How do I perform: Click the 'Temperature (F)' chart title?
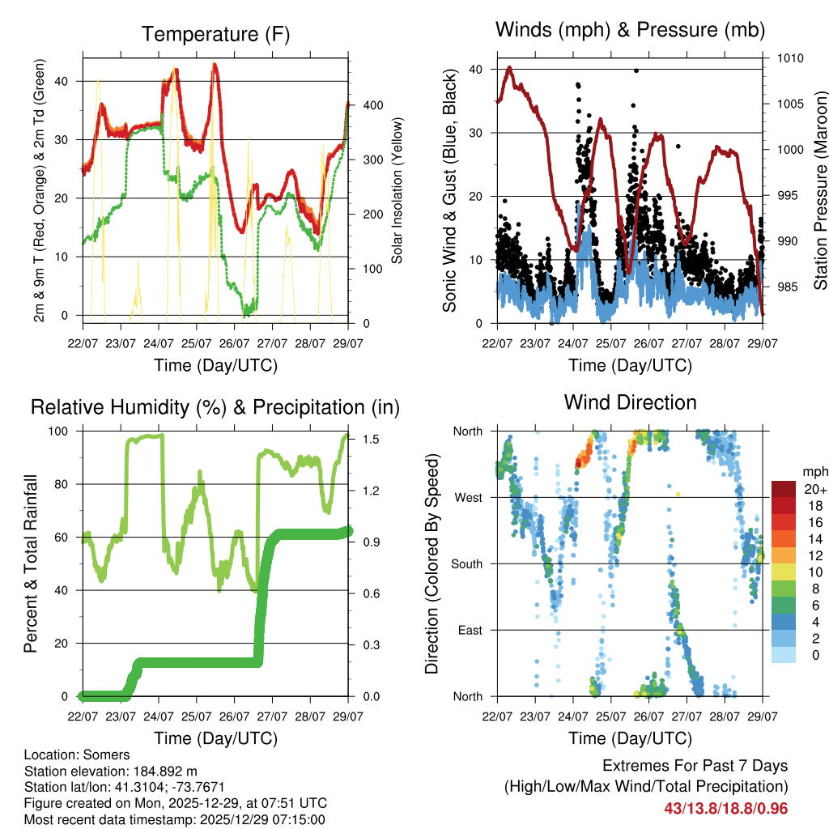215,35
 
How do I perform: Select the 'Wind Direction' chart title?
630,402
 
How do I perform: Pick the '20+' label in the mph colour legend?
813,489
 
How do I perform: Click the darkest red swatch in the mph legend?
783,489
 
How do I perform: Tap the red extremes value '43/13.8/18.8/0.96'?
726,809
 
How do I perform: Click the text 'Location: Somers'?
77,755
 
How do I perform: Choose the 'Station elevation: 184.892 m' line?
111,772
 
